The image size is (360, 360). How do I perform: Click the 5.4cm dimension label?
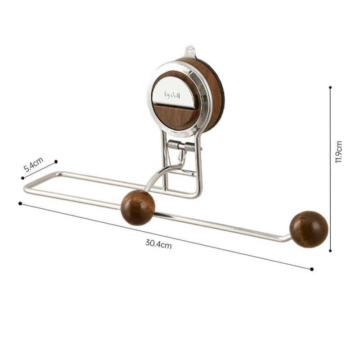pos(34,165)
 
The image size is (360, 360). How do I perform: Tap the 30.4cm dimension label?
pos(158,244)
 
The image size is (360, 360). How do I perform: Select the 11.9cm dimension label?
pos(339,152)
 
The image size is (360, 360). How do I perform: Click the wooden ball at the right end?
pos(309,229)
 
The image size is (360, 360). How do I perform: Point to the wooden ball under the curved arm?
pos(138,207)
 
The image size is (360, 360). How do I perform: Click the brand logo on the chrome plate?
pos(175,95)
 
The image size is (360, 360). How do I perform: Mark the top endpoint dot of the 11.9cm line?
pos(330,87)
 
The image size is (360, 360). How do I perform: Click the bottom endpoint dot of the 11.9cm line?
pos(330,251)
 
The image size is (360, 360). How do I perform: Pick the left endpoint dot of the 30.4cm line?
pos(20,203)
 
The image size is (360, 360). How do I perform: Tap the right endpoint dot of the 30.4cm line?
pos(311,269)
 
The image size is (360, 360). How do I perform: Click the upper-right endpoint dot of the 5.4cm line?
pos(56,162)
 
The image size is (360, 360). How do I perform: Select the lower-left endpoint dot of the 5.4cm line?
pos(23,178)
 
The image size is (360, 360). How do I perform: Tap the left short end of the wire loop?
pos(26,189)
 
